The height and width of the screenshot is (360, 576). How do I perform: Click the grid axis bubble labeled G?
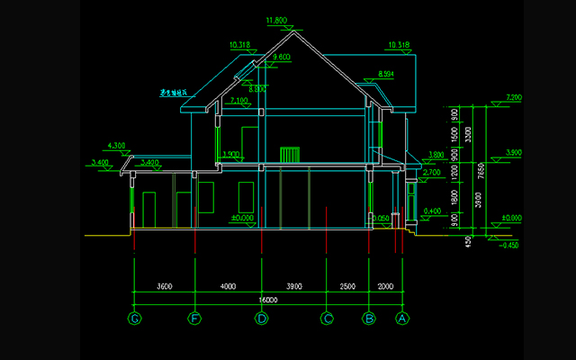point(134,318)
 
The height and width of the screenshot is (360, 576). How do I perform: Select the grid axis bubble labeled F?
point(193,318)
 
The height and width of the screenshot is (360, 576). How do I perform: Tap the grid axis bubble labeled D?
point(261,318)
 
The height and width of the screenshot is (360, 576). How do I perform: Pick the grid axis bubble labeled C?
point(327,318)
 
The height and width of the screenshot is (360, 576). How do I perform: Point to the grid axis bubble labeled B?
point(368,318)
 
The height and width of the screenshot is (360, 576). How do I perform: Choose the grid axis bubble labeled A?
point(402,318)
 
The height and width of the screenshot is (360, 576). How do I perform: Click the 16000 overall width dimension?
point(268,300)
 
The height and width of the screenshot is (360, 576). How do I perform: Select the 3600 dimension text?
point(164,286)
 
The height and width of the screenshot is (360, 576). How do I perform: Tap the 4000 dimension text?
point(227,286)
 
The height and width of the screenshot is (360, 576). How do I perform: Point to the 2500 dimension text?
point(347,286)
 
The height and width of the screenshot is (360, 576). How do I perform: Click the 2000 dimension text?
point(385,286)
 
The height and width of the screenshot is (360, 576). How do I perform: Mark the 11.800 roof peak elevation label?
point(276,20)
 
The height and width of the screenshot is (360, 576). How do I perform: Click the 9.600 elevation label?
point(283,57)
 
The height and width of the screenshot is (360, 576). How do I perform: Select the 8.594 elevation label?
point(386,74)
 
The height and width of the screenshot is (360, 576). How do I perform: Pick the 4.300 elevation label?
point(116,145)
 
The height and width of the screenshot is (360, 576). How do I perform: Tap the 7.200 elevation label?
point(514,97)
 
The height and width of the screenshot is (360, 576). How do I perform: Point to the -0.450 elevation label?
point(509,245)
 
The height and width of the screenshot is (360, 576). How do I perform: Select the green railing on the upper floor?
point(289,154)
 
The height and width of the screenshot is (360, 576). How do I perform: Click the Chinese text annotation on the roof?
point(173,92)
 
